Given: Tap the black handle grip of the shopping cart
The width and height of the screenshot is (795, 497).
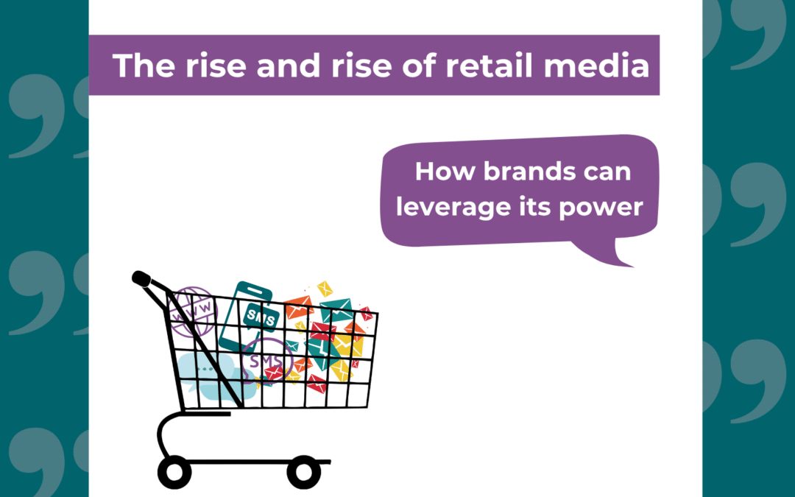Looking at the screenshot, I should click(141, 279).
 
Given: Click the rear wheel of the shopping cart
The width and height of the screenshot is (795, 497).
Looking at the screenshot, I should click(174, 471).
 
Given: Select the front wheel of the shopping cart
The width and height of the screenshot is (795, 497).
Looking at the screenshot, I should click(303, 471).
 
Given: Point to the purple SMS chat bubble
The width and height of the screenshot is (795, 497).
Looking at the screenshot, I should click(266, 361).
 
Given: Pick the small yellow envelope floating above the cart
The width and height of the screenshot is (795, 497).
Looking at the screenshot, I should click(325, 289).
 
